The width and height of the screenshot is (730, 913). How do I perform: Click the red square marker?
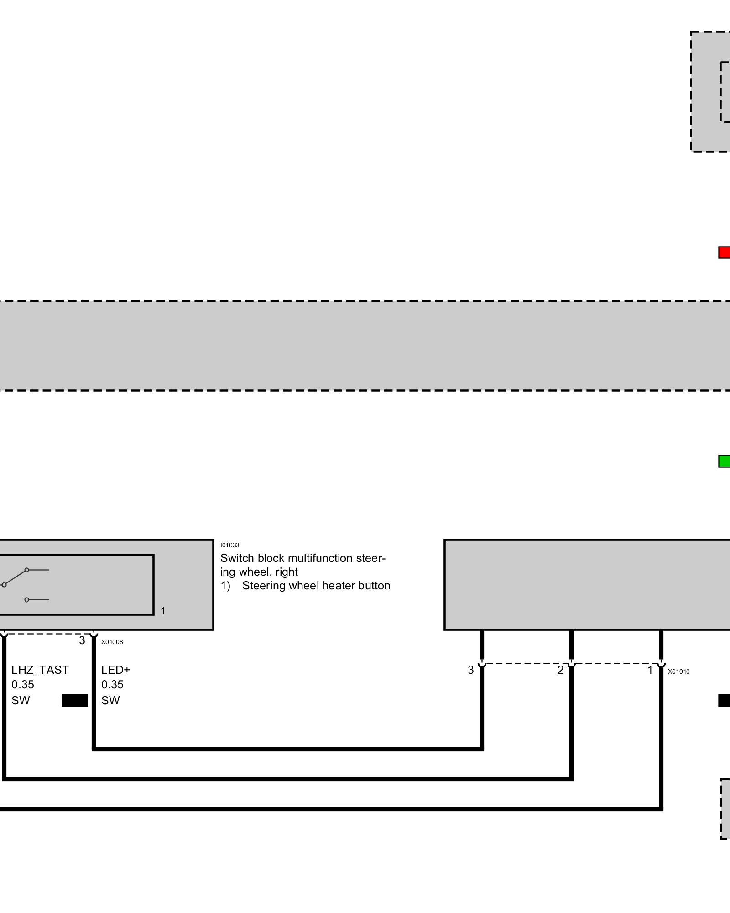pyautogui.click(x=724, y=252)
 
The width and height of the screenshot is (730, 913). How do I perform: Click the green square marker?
pyautogui.click(x=724, y=461)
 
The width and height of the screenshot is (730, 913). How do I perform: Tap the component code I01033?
pyautogui.click(x=229, y=545)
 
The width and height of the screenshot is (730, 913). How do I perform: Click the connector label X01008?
pyautogui.click(x=112, y=642)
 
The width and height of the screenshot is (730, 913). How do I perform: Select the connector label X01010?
pyautogui.click(x=678, y=672)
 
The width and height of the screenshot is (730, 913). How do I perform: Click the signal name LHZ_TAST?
pyautogui.click(x=40, y=670)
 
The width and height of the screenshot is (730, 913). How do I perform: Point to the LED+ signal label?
pyautogui.click(x=115, y=670)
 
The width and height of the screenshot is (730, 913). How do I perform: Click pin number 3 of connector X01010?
pyautogui.click(x=471, y=670)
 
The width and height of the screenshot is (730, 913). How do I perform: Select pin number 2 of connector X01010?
pyautogui.click(x=560, y=670)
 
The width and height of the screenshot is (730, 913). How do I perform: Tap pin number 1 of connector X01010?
pyautogui.click(x=650, y=670)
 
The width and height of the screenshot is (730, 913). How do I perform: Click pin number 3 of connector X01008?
pyautogui.click(x=82, y=640)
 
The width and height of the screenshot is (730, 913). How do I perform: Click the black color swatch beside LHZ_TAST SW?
pyautogui.click(x=74, y=700)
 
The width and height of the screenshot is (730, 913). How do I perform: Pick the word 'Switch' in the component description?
pyautogui.click(x=237, y=558)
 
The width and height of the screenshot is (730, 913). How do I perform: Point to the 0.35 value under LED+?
pyautogui.click(x=112, y=685)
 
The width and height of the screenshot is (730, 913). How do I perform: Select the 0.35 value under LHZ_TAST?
pyautogui.click(x=23, y=685)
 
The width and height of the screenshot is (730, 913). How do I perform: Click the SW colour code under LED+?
pyautogui.click(x=110, y=700)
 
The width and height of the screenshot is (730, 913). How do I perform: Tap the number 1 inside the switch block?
pyautogui.click(x=163, y=611)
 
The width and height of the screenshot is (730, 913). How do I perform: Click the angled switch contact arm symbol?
pyautogui.click(x=16, y=577)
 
